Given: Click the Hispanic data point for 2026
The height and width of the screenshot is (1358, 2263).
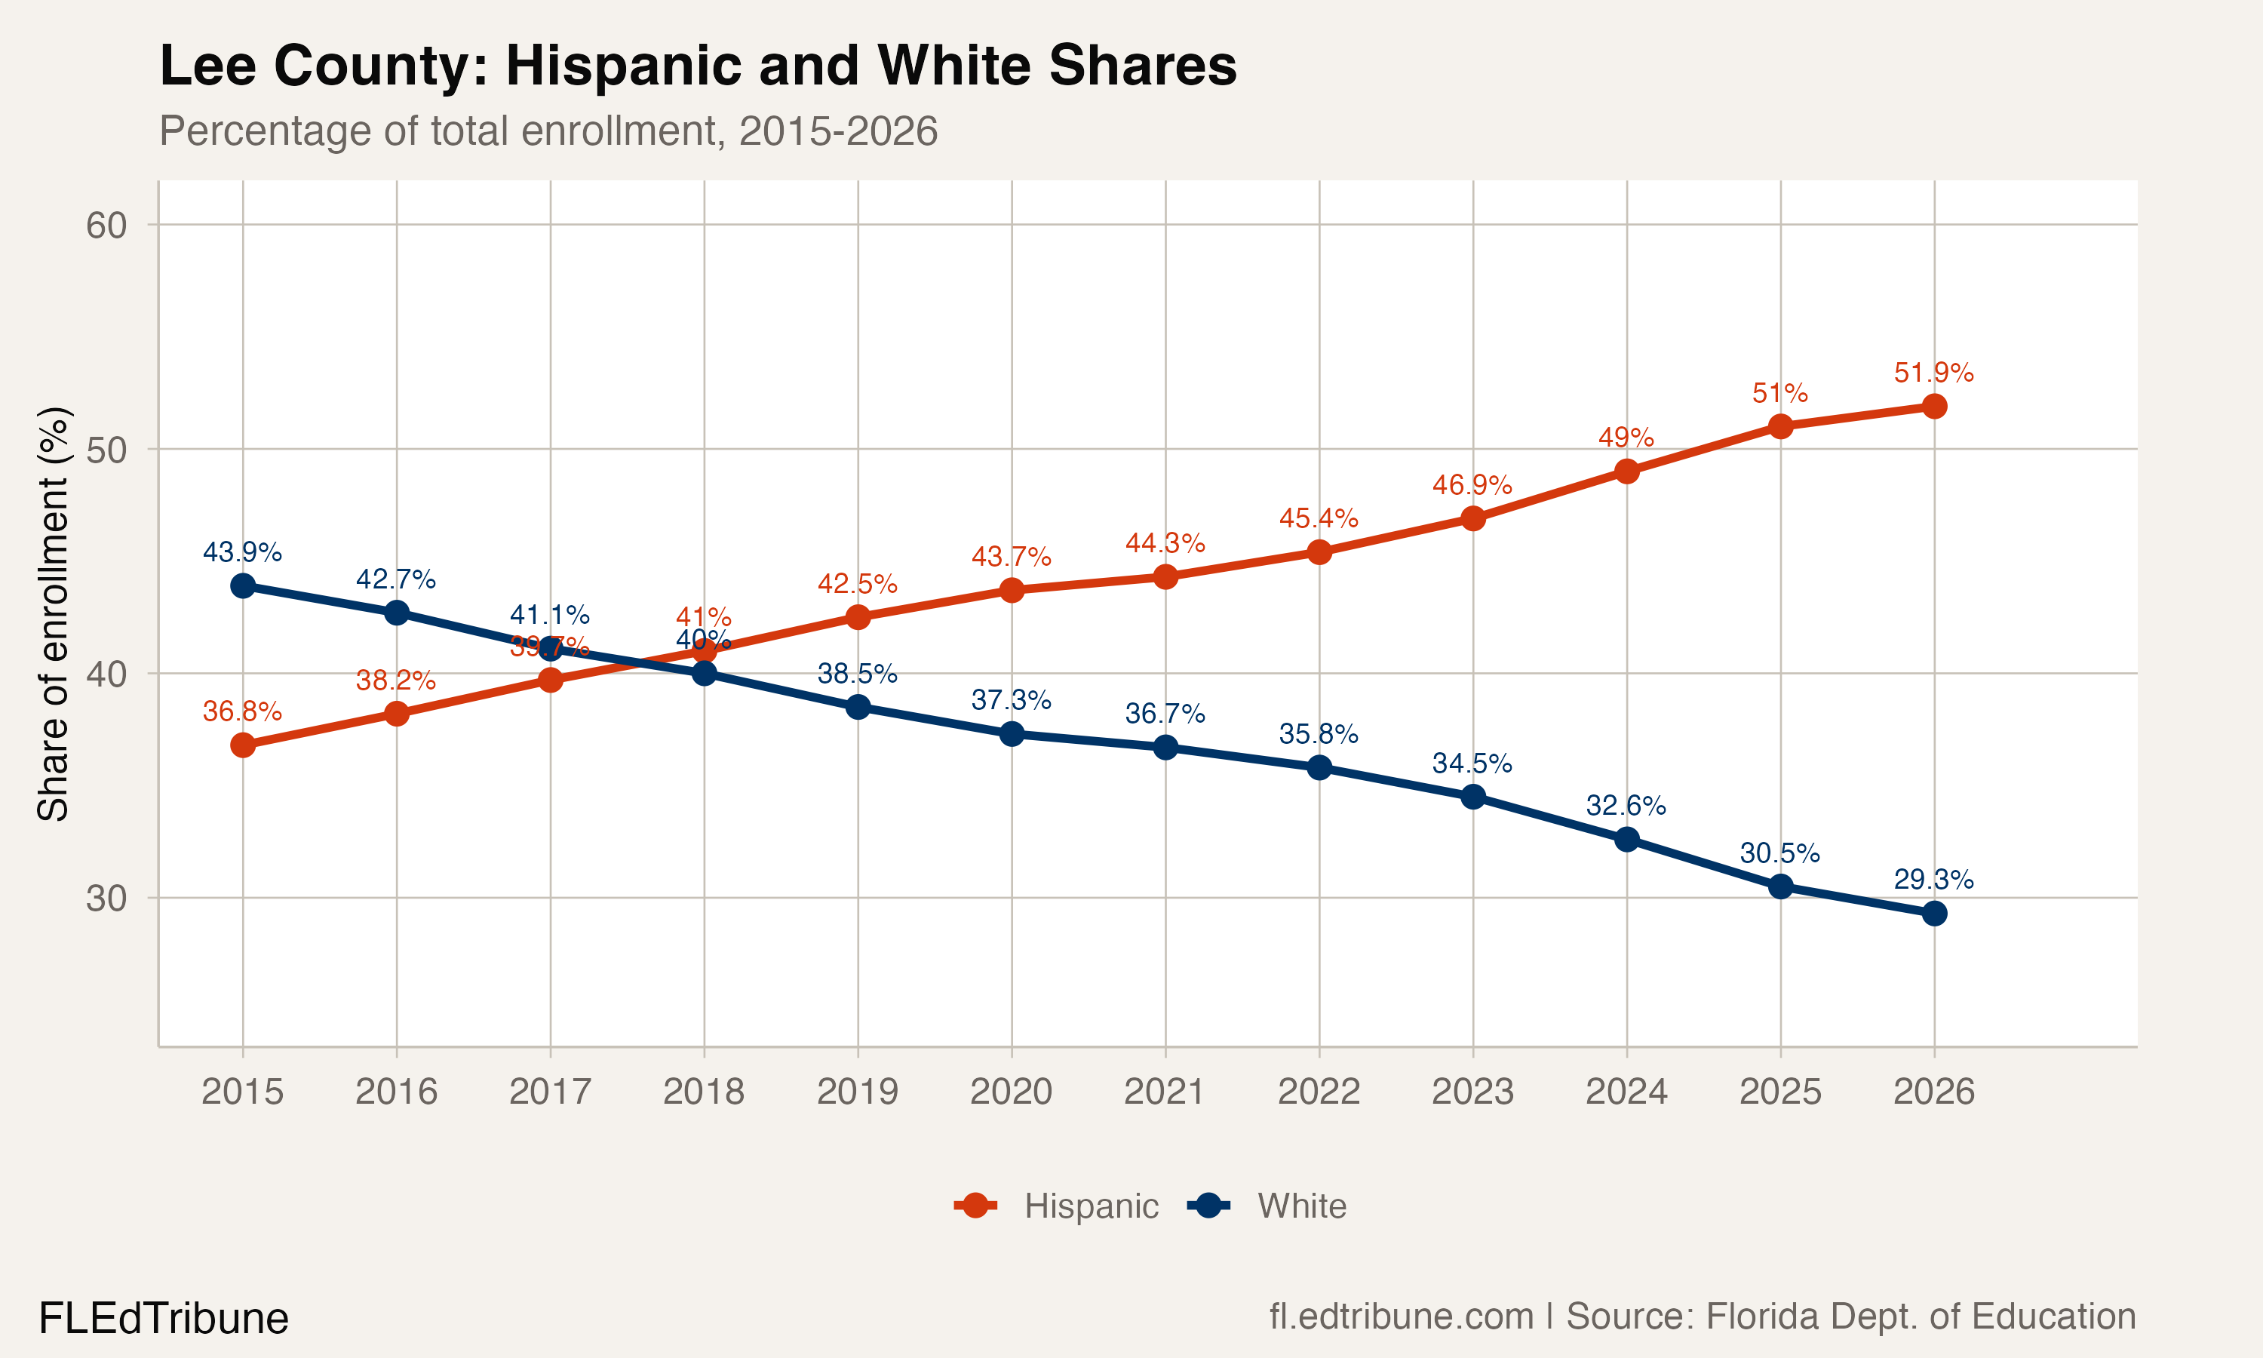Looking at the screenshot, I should coord(1933,407).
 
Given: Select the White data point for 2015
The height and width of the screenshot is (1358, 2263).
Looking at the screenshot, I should coord(242,585).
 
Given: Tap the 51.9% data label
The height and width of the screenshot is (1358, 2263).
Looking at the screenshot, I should coord(1933,373).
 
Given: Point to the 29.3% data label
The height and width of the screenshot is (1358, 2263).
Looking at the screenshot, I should coord(1933,880).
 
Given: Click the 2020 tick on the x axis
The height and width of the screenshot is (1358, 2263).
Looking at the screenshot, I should coord(1011,1092).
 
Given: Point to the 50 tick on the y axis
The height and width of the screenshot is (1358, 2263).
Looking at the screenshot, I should coord(106,450).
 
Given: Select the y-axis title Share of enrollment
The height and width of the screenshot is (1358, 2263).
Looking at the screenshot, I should coord(53,613).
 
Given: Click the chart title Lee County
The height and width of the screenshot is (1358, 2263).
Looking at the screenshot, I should coord(697,66).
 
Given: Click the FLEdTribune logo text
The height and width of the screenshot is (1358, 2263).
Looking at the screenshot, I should coord(164,1319).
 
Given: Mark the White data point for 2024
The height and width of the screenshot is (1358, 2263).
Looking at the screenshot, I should coord(1626,839).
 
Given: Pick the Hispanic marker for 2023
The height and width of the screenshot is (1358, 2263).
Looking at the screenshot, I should coord(1472,519).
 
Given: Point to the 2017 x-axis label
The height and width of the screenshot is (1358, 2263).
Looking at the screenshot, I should coord(550,1092).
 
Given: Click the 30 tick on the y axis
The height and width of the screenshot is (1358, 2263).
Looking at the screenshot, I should coord(106,899).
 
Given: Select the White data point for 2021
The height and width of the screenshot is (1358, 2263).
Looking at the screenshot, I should coord(1165,748).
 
